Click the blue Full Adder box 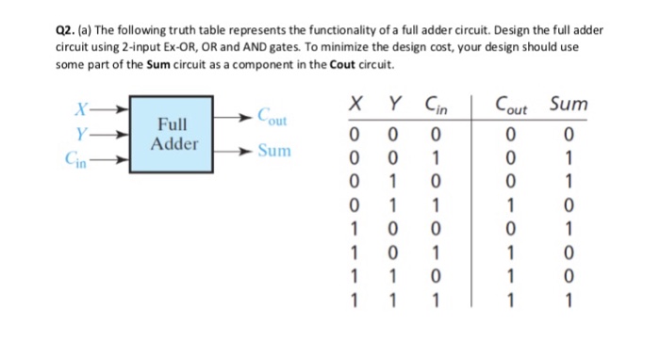click(x=178, y=135)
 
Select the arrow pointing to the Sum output click(x=240, y=151)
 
